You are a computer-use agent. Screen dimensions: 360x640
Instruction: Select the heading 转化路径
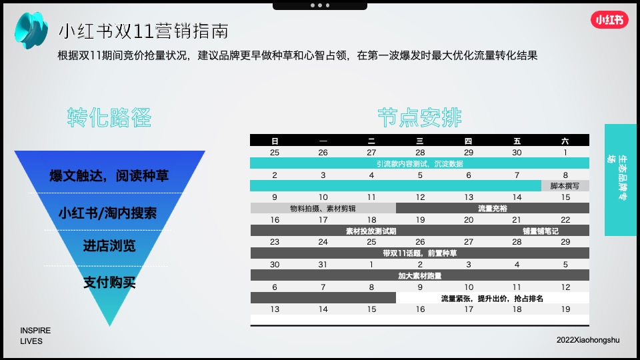[x=109, y=117]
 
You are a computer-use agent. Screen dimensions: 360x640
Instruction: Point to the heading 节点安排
[x=419, y=117]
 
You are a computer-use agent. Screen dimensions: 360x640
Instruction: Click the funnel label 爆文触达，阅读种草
[x=109, y=176]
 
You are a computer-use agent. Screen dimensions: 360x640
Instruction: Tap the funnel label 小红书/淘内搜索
[x=107, y=213]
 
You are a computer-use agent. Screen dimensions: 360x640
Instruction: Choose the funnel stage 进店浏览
[x=109, y=245]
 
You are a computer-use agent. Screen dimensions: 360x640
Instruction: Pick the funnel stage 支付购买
[x=109, y=283]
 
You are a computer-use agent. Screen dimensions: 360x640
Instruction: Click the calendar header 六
[x=565, y=141]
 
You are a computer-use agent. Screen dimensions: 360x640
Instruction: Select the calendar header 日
[x=275, y=141]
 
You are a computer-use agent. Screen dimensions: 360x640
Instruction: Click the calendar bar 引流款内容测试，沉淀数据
[x=419, y=163]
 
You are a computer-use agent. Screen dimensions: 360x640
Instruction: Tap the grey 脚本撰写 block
[x=565, y=186]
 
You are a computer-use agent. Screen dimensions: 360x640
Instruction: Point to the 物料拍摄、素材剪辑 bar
[x=323, y=208]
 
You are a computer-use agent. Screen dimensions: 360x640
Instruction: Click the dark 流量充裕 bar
[x=492, y=208]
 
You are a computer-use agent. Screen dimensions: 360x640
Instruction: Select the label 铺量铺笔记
[x=541, y=231]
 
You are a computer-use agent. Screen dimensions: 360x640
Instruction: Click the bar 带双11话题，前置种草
[x=419, y=253]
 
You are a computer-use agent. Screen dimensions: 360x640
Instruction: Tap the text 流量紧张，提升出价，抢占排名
[x=492, y=298]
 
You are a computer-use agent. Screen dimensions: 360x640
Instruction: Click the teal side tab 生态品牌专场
[x=622, y=179]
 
